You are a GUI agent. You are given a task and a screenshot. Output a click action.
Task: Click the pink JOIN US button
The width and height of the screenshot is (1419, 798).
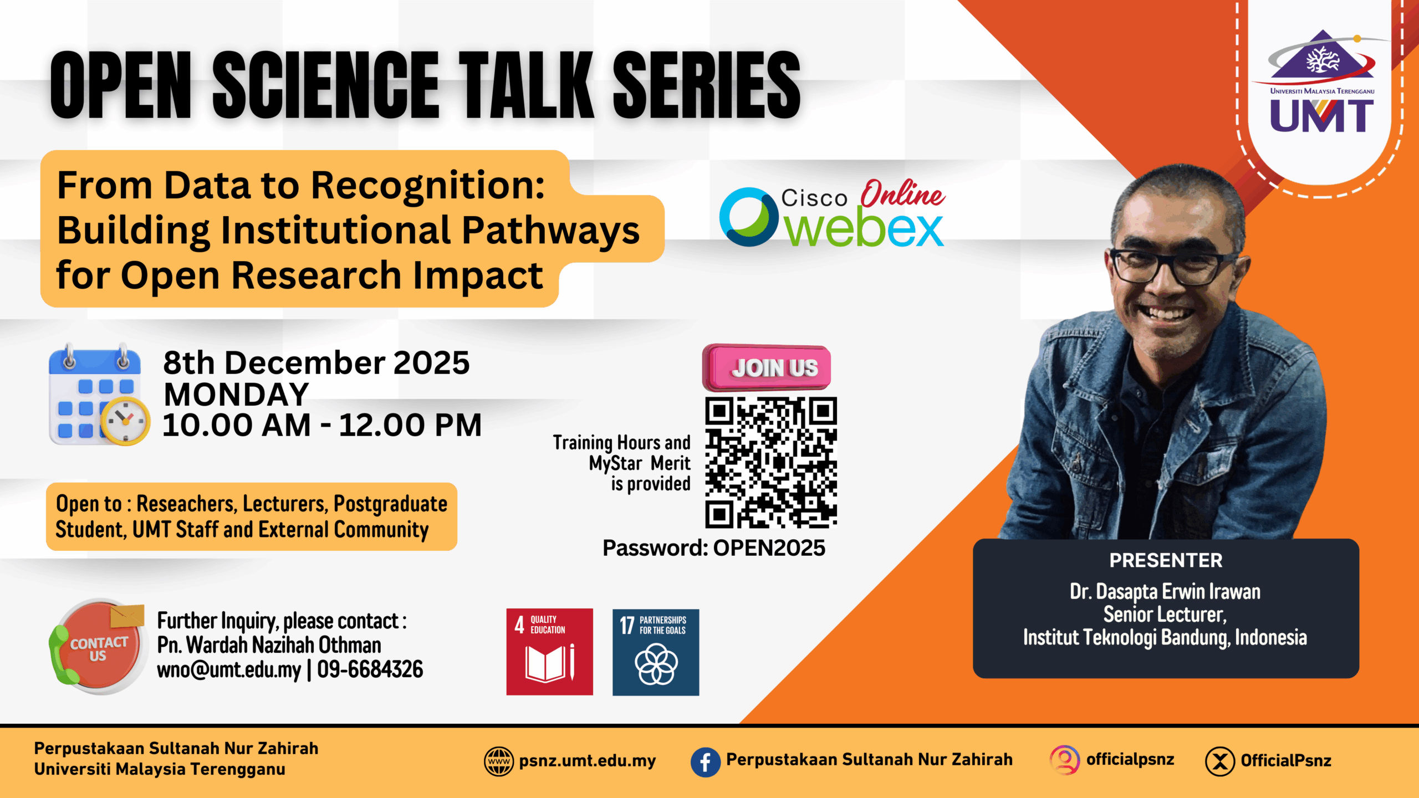tap(767, 367)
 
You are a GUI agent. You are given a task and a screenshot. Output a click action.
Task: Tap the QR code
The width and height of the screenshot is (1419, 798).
tap(771, 462)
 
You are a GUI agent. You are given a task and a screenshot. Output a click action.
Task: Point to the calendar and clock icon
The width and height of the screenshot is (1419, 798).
tap(99, 395)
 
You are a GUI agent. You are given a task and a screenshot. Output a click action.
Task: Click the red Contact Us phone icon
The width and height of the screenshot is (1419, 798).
tap(98, 646)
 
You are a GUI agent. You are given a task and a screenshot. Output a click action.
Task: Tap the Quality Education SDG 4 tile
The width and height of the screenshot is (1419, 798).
tap(549, 652)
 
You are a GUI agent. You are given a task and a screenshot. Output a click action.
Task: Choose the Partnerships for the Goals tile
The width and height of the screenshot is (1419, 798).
tap(656, 652)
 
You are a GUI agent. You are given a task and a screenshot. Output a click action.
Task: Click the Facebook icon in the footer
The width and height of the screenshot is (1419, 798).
tap(705, 761)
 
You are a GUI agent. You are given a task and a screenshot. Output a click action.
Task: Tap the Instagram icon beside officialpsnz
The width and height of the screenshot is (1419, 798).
tap(1065, 760)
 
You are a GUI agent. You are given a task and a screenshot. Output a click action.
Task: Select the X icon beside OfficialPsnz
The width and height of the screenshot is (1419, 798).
tap(1219, 761)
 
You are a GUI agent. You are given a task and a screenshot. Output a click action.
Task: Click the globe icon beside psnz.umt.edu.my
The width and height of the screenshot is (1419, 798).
tap(499, 761)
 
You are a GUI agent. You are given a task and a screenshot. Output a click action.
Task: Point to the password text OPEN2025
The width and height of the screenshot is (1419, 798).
tap(769, 548)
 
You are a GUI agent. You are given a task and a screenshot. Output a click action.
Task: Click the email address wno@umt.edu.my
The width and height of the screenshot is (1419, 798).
tap(229, 669)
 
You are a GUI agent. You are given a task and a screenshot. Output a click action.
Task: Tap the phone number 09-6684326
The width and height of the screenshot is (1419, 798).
tap(370, 669)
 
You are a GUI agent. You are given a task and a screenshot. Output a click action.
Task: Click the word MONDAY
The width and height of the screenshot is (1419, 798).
tap(236, 395)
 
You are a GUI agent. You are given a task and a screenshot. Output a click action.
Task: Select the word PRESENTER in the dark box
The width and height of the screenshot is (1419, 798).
tap(1166, 560)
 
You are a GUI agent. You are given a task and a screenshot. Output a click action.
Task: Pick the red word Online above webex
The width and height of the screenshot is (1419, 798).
tap(902, 193)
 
